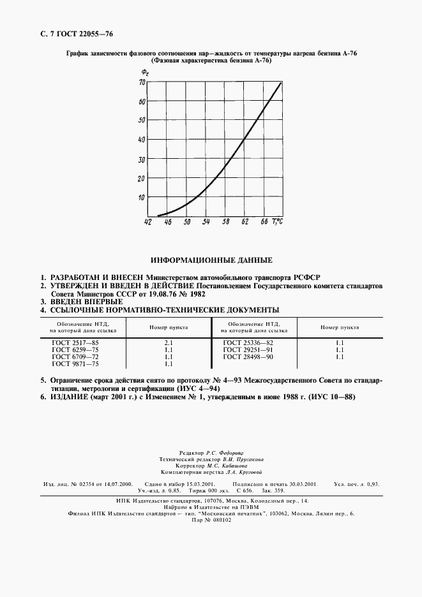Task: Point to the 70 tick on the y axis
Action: (142, 82)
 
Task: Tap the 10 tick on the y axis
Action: (142, 197)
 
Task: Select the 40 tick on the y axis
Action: (142, 140)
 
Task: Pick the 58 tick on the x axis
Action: (226, 223)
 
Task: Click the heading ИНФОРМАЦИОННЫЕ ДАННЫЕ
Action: (211, 260)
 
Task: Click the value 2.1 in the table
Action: (169, 343)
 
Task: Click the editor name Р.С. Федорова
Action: (228, 452)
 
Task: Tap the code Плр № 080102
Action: (211, 520)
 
